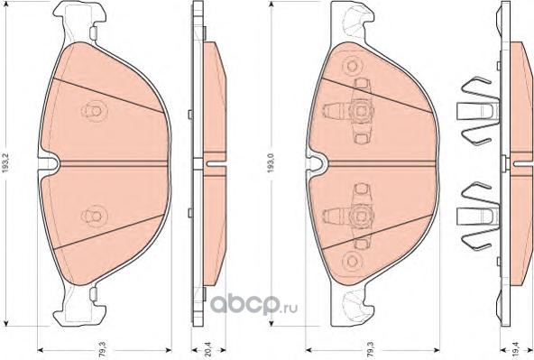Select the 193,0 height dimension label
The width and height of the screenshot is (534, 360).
pyautogui.click(x=272, y=162)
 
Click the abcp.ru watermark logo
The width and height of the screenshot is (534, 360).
pyautogui.click(x=253, y=306)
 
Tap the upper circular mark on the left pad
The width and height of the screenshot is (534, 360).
pyautogui.click(x=94, y=111)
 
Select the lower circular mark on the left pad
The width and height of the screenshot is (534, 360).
pyautogui.click(x=94, y=216)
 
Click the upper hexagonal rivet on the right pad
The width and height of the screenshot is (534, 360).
pyautogui.click(x=351, y=65)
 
